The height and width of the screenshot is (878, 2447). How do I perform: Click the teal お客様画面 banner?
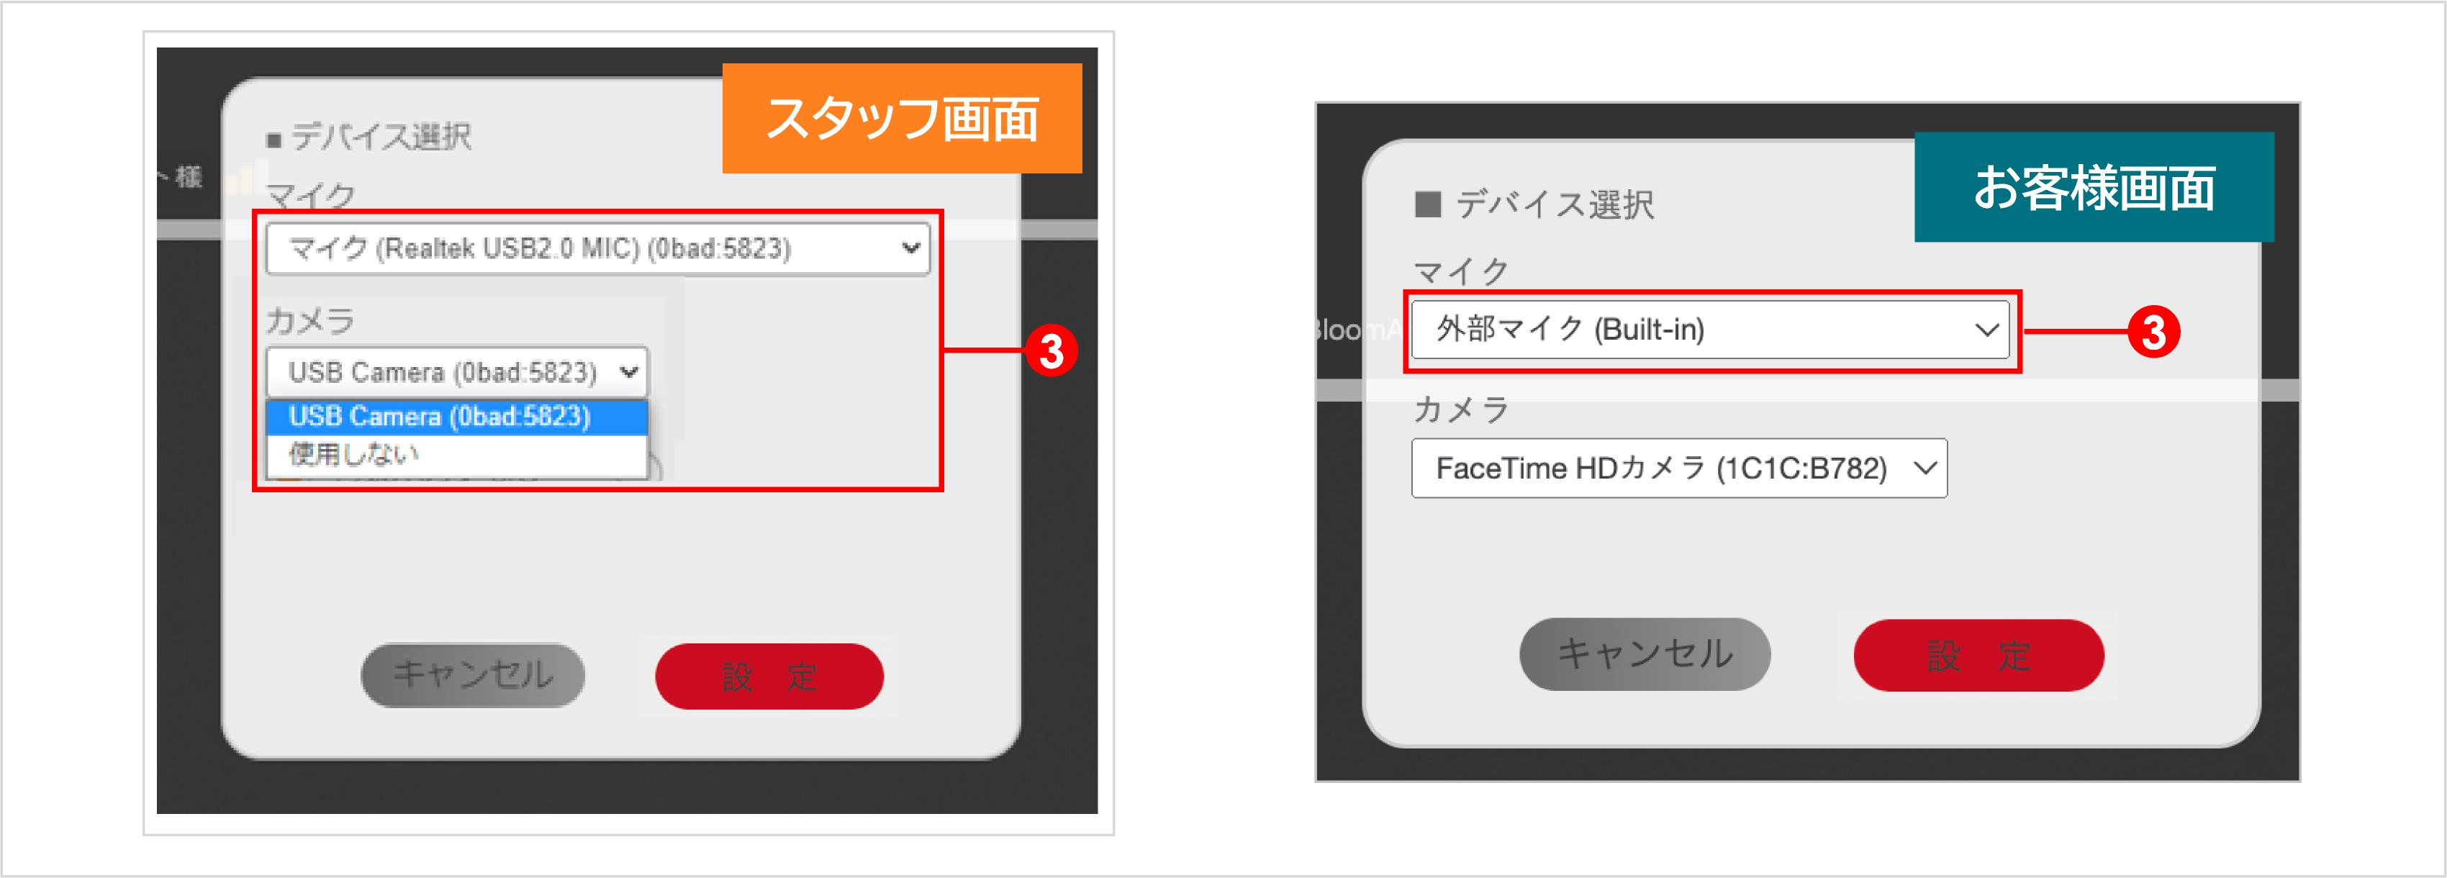tap(2093, 187)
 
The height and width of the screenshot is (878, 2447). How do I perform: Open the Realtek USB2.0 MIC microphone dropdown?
tap(597, 249)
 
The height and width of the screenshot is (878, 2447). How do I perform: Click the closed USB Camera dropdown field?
tap(457, 371)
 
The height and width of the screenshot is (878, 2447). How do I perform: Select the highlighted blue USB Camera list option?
tap(457, 416)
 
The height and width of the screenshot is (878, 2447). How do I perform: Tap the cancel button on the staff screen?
tap(472, 674)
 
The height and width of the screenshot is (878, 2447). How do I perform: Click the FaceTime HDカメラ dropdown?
tap(1678, 469)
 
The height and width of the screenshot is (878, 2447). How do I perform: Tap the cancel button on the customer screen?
tap(1645, 653)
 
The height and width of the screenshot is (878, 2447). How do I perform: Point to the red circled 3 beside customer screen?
tap(2153, 332)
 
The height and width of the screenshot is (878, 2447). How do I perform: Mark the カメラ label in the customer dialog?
tap(1461, 409)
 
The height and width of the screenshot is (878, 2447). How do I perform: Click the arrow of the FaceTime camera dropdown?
tap(1924, 469)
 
